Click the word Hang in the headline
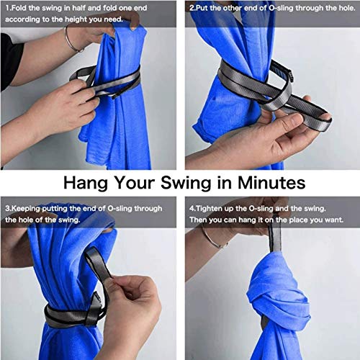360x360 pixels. pyautogui.click(x=86, y=184)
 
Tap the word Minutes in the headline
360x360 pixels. pyautogui.click(x=271, y=183)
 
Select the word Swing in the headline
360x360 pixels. pyautogui.click(x=186, y=184)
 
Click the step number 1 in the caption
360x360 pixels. pyautogui.click(x=7, y=9)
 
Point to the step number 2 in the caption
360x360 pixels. pyautogui.click(x=192, y=9)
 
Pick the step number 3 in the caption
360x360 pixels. pyautogui.click(x=7, y=209)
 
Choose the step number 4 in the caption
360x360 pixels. pyautogui.click(x=192, y=209)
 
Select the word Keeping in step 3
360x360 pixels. pyautogui.click(x=26, y=209)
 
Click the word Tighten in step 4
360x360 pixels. pyautogui.click(x=210, y=209)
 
